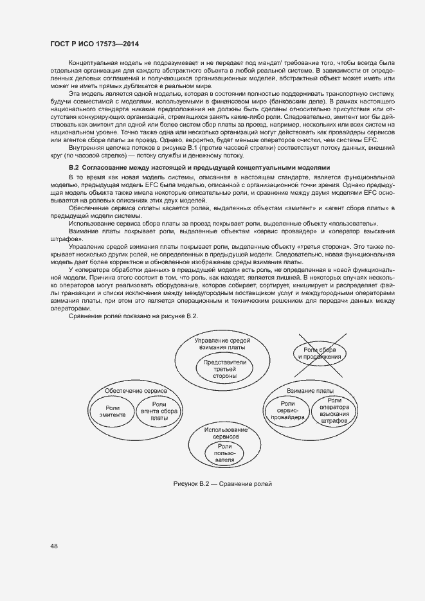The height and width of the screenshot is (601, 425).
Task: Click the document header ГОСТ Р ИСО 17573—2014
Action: (x=95, y=44)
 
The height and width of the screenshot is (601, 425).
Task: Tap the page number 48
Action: (x=54, y=546)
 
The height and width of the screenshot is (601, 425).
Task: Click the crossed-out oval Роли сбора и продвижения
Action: (x=318, y=353)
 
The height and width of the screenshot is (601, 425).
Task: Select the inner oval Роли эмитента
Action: (x=112, y=410)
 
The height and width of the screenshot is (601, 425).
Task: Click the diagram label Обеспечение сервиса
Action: (x=136, y=390)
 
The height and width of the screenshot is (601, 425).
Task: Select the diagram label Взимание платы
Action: (x=310, y=390)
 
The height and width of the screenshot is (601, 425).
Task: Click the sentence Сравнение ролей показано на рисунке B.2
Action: (x=133, y=316)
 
